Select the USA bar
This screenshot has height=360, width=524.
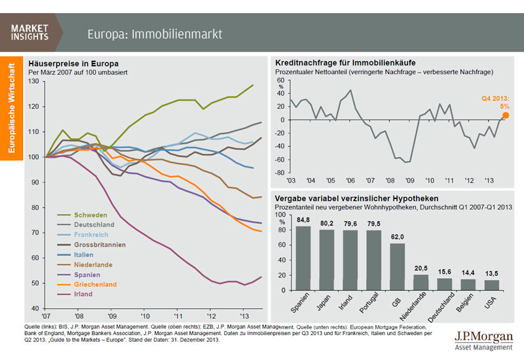click(491, 284)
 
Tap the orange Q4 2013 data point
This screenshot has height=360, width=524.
click(504, 115)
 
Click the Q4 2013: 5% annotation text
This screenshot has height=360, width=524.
click(496, 102)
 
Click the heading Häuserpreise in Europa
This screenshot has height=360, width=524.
click(73, 63)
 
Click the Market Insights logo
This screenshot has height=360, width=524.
click(30, 32)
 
